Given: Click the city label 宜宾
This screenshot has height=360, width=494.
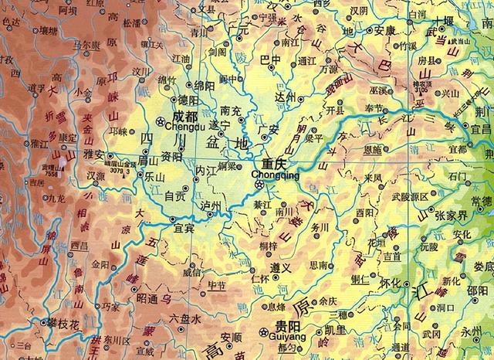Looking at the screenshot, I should (x=184, y=226).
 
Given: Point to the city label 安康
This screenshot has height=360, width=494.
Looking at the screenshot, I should (x=384, y=31).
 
